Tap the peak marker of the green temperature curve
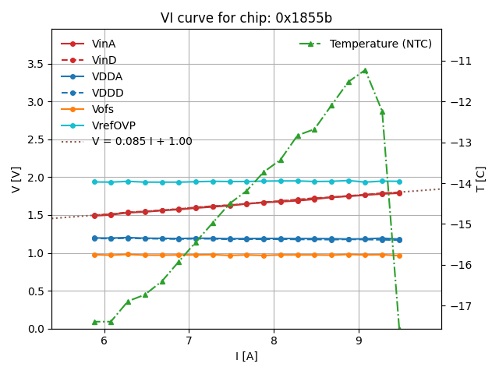click(364, 70)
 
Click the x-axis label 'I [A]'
click(246, 356)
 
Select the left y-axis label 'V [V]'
click(16, 179)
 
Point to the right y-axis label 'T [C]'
click(481, 179)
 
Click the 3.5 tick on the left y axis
click(37, 64)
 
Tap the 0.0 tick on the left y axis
click(37, 329)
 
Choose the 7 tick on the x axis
click(189, 340)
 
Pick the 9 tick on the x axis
click(359, 340)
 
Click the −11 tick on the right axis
click(458, 61)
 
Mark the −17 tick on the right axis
click(458, 306)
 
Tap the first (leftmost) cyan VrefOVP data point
click(94, 182)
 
